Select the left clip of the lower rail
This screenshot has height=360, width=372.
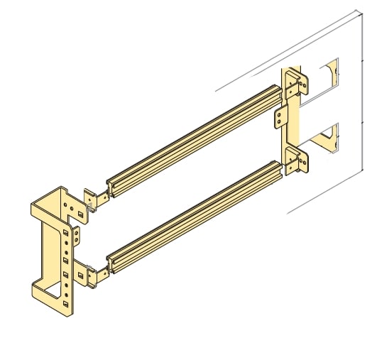tap(93, 274)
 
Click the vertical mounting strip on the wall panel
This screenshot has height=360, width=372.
tap(292, 121)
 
